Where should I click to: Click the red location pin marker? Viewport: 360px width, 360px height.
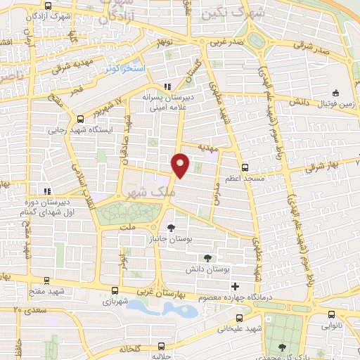point(182,165)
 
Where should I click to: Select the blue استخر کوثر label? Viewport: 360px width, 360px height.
point(124,69)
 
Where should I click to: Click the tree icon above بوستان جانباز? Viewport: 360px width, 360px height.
point(171,228)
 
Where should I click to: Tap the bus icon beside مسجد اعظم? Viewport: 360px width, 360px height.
point(245,167)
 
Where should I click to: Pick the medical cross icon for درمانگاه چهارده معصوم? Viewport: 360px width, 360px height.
point(234,286)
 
